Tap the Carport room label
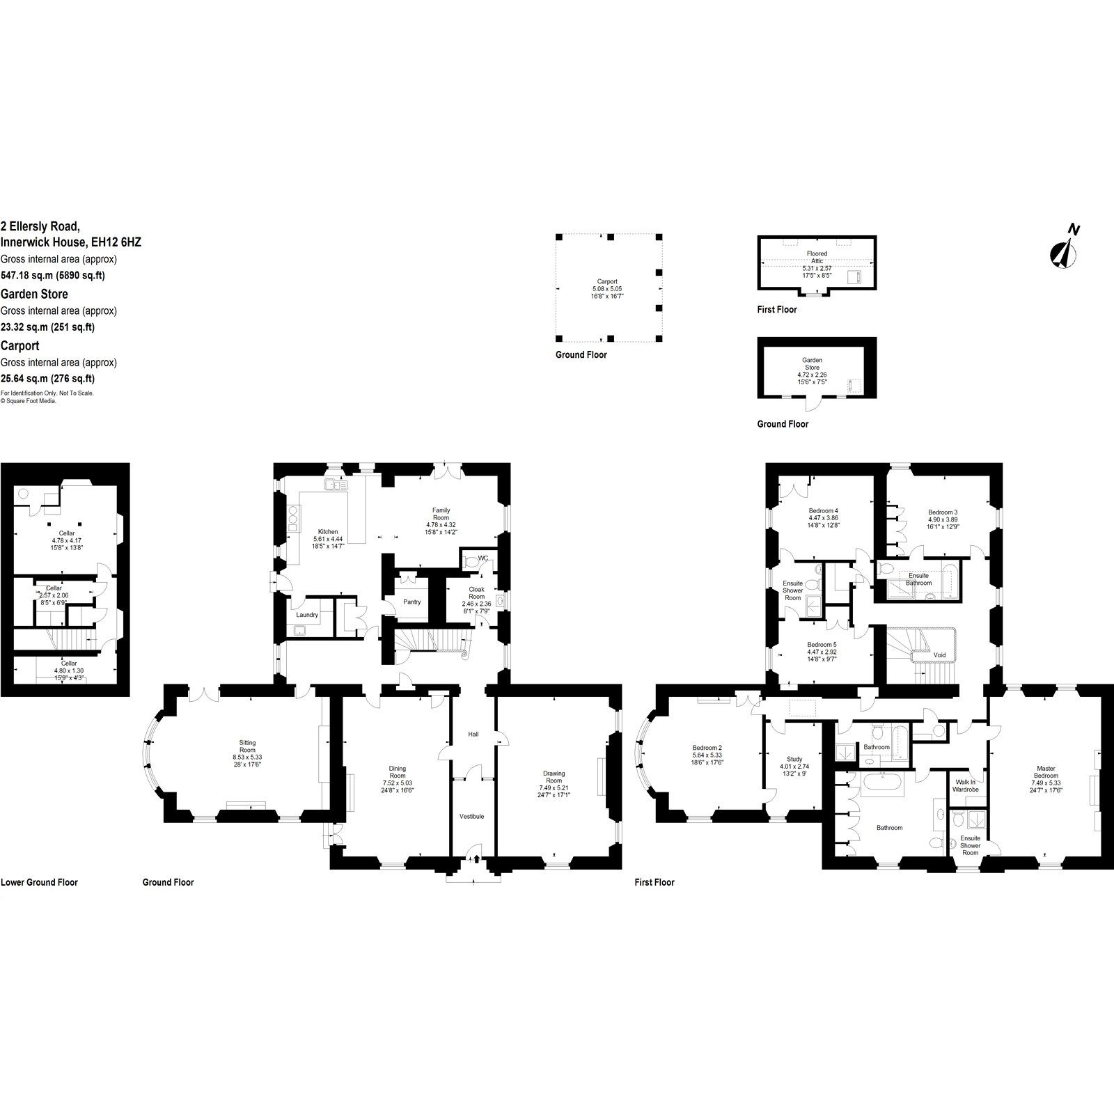click(607, 282)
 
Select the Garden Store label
click(812, 363)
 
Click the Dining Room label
click(397, 772)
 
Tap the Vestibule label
click(471, 816)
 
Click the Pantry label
click(411, 602)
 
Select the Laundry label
click(307, 615)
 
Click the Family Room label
click(441, 514)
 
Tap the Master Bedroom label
click(1045, 772)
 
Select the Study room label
click(794, 759)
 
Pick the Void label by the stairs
click(939, 654)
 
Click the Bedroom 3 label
click(943, 512)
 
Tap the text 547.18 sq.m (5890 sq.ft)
click(52, 275)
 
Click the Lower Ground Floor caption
click(39, 882)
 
